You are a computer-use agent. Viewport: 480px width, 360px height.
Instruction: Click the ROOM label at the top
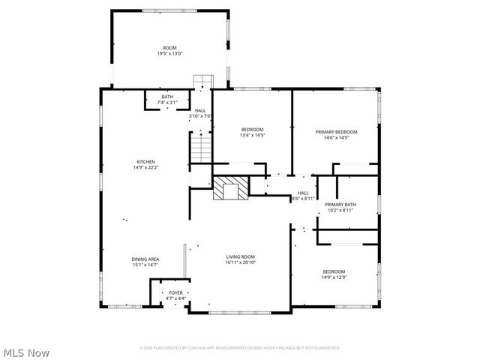click(170, 48)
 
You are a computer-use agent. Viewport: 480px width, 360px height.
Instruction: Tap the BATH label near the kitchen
click(166, 96)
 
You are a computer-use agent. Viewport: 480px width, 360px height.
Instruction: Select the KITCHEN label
click(145, 162)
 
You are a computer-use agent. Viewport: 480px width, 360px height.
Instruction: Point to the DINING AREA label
click(145, 259)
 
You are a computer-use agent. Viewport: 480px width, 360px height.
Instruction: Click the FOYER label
click(175, 292)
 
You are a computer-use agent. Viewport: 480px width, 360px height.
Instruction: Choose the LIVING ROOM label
click(241, 257)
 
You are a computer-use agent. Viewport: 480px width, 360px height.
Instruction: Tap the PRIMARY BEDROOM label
click(340, 132)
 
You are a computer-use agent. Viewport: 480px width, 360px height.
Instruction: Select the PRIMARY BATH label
click(340, 205)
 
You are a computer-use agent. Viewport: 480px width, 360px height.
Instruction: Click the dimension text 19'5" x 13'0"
click(170, 53)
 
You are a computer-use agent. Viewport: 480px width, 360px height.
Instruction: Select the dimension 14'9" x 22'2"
click(145, 167)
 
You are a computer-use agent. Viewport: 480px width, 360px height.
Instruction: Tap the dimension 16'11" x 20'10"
click(241, 262)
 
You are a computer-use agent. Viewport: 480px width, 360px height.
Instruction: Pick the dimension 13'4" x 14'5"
click(252, 135)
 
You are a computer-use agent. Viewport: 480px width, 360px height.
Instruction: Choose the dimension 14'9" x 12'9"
click(334, 277)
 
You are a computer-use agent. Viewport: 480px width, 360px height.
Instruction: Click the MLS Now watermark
click(27, 352)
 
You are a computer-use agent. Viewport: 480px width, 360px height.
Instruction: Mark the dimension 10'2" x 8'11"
click(340, 211)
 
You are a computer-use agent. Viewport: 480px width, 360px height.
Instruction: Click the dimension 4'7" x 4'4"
click(175, 298)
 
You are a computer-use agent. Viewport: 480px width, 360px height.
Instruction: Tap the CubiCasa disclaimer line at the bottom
click(240, 348)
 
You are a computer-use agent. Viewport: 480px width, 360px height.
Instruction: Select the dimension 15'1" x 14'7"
click(145, 265)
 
